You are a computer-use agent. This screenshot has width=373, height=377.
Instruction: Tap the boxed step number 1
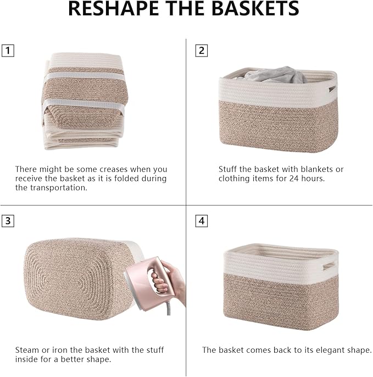pos(8,51)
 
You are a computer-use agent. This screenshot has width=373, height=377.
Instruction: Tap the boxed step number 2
pos(202,51)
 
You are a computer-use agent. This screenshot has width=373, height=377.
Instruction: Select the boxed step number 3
pos(8,221)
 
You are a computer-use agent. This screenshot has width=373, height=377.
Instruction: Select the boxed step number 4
pos(202,221)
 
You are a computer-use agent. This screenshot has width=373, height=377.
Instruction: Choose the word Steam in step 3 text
pos(26,350)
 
